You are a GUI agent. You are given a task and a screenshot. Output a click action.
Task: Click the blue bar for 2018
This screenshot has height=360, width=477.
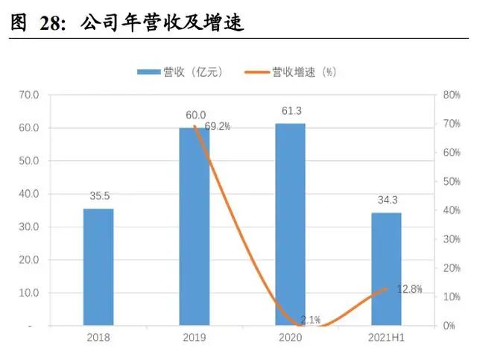(98, 267)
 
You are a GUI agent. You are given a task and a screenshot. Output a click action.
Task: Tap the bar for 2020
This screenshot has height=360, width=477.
(290, 224)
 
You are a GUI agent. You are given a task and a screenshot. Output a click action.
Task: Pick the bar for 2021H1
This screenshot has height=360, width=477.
(386, 269)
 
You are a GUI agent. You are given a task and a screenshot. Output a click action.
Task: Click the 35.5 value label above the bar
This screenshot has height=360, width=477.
(98, 198)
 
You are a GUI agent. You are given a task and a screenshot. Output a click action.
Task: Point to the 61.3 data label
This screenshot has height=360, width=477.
(290, 111)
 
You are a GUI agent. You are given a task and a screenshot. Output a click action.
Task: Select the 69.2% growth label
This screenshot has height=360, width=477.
(217, 127)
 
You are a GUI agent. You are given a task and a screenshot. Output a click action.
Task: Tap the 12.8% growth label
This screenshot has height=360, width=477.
(408, 289)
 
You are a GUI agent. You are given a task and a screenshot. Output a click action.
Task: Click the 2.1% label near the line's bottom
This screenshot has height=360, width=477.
(311, 320)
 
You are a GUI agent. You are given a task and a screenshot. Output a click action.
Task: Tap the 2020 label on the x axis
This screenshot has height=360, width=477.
(290, 340)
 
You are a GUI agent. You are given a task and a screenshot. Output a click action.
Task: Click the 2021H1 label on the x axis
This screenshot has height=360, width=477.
(386, 340)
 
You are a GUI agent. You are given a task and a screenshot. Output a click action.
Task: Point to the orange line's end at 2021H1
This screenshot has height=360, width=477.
(386, 288)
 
